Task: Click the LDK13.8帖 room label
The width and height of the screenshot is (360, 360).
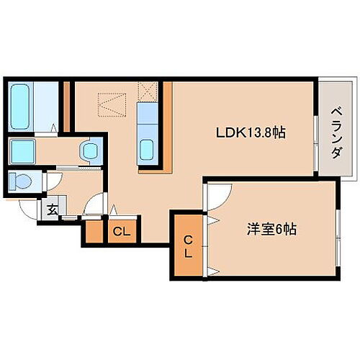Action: [x=251, y=133]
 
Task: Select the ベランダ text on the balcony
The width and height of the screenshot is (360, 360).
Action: [x=336, y=127]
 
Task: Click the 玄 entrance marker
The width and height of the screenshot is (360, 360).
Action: [x=53, y=211]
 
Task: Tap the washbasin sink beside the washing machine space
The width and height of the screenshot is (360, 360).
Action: [x=89, y=150]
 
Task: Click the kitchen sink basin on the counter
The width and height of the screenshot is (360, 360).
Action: [x=147, y=150]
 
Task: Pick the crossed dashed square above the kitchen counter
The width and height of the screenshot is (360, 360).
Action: [x=148, y=92]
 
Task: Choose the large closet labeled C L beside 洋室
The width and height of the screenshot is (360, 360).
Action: [x=186, y=246]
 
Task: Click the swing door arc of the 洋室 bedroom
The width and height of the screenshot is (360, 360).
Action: [x=218, y=193]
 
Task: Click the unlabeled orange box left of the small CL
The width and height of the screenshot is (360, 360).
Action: [x=94, y=232]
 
